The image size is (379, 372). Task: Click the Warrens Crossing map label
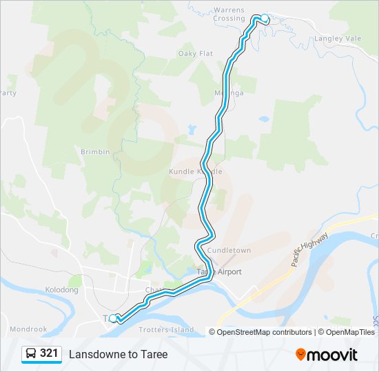tap(229, 14)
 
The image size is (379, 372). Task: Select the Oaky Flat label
tap(195, 53)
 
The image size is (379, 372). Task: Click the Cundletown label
tap(229, 250)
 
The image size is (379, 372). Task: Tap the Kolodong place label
tap(61, 290)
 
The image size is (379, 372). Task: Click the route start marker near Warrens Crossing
tap(264, 18)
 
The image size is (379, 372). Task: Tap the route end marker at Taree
tap(114, 318)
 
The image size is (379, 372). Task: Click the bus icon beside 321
tap(32, 353)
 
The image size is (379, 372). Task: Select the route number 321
tap(49, 353)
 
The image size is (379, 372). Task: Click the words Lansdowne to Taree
tap(118, 354)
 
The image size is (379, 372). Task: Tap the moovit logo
tap(327, 354)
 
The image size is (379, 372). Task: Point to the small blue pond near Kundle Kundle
tap(191, 130)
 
